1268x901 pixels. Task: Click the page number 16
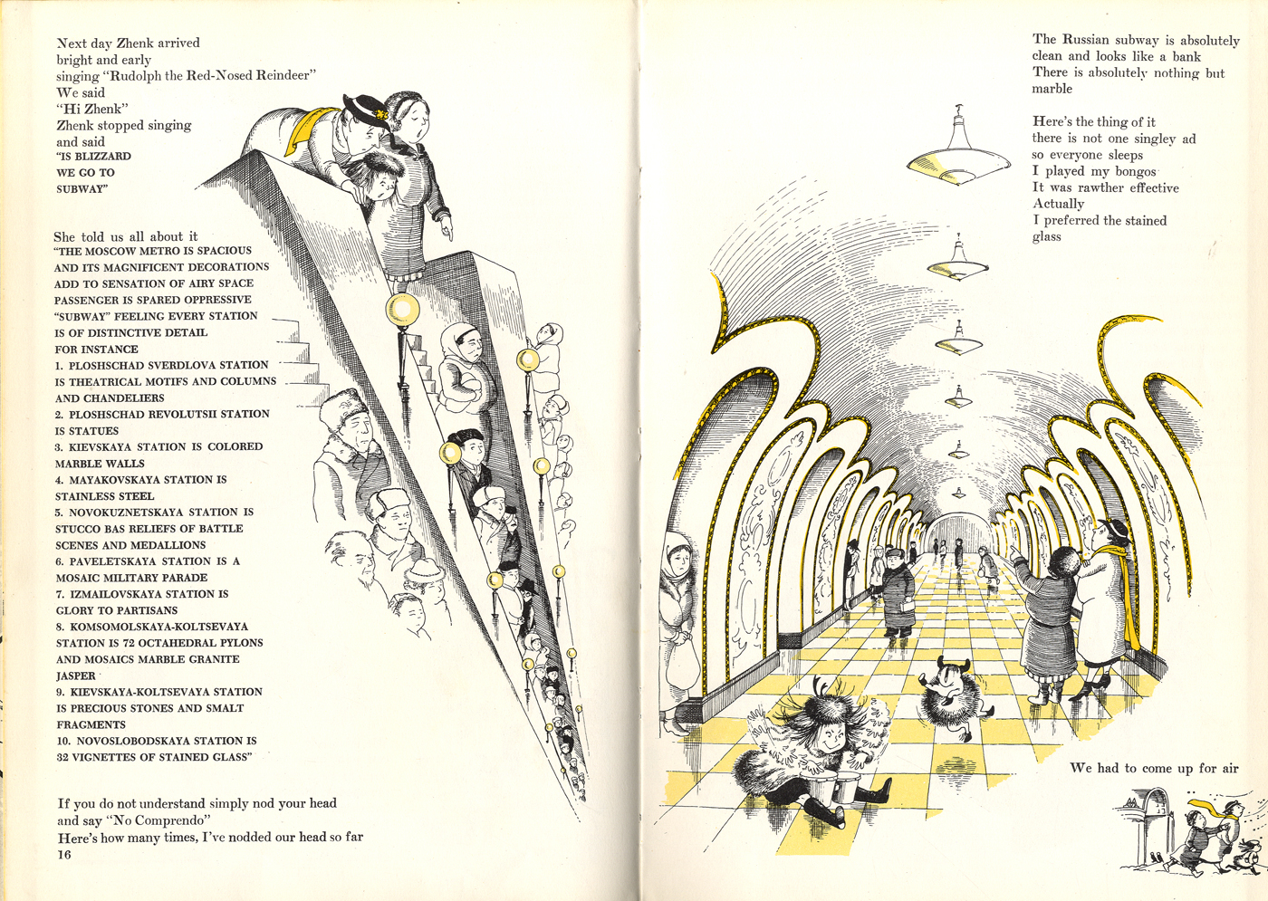pos(64,855)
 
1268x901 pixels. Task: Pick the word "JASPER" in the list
pos(76,676)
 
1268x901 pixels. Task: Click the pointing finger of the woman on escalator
pos(448,232)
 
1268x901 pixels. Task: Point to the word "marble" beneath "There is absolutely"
pos(1052,89)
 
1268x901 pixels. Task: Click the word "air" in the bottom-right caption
pos(1228,768)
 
